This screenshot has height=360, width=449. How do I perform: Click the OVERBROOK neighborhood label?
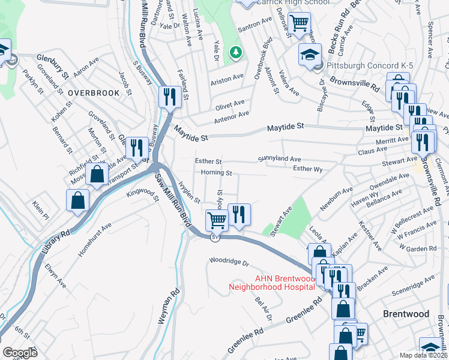pos(90,94)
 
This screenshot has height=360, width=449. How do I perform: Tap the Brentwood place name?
pos(406,314)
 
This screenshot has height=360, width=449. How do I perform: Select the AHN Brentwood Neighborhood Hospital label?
pos(285,283)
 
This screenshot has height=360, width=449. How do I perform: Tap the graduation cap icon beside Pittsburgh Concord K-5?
pos(310,55)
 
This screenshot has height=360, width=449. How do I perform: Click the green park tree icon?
pos(236,52)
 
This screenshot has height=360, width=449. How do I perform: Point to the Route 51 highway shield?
pos(214,238)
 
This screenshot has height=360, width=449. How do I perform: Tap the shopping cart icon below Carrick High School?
pos(298,23)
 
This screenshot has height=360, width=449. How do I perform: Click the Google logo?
pos(20,353)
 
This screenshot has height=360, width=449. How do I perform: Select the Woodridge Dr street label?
pos(229,262)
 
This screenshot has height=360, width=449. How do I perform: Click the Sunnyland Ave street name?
pos(279,159)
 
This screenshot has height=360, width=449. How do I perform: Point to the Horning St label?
pos(216,173)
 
